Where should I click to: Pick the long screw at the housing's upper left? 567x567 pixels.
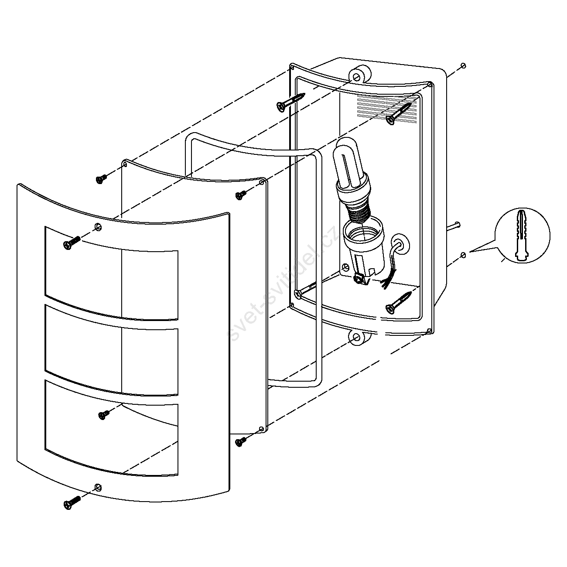(289, 102)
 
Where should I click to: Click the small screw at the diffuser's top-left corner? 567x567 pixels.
(102, 179)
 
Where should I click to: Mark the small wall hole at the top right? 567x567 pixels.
(463, 65)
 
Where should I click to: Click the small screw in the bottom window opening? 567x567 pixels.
(104, 415)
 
